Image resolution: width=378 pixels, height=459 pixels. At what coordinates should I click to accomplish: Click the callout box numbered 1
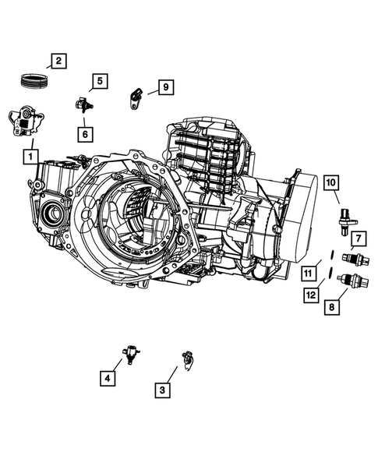point(29,157)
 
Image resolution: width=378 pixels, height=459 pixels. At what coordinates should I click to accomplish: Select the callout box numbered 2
point(58,59)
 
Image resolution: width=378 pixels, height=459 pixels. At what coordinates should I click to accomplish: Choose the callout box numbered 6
point(83,133)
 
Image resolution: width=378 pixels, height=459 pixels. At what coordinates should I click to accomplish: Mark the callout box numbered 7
point(357,238)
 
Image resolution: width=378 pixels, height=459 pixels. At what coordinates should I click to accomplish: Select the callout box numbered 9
point(164,87)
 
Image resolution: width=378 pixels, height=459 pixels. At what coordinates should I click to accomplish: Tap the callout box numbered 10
point(330,182)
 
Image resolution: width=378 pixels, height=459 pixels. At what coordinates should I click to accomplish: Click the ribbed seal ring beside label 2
point(35,80)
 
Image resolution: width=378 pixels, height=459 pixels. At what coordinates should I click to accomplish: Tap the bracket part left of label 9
point(135,98)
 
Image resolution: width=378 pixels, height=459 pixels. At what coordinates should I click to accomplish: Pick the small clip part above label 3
point(186,358)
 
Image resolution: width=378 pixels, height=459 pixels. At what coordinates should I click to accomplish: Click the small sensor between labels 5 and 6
point(82,104)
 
